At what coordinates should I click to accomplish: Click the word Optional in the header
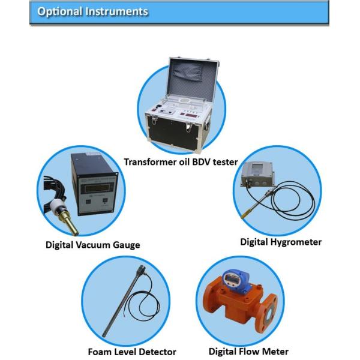pyautogui.click(x=59, y=11)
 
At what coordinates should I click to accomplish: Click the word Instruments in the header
pyautogui.click(x=116, y=11)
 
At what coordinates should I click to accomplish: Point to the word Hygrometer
pyautogui.click(x=296, y=242)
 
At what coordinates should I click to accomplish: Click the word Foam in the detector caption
pyautogui.click(x=100, y=352)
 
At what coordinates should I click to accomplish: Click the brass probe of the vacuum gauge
pyautogui.click(x=68, y=221)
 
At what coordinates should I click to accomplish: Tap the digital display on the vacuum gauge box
pyautogui.click(x=97, y=188)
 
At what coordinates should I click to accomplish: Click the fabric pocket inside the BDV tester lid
pyautogui.click(x=188, y=72)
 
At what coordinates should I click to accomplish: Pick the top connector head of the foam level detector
pyautogui.click(x=142, y=269)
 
